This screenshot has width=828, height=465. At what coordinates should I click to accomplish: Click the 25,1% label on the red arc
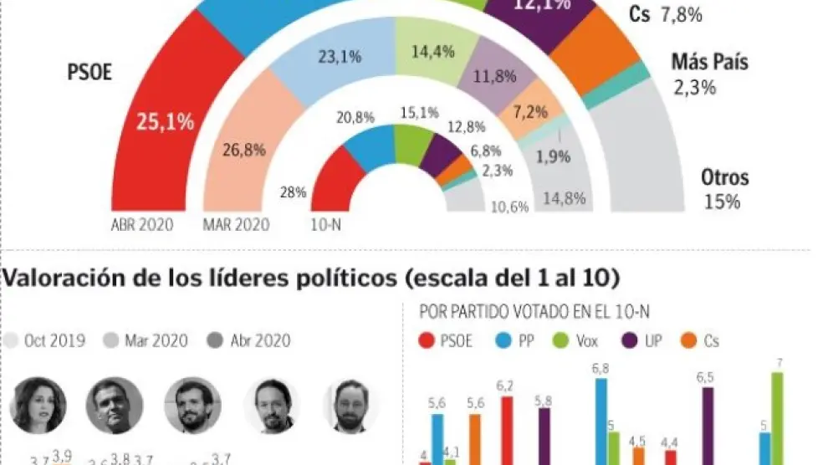coord(166,122)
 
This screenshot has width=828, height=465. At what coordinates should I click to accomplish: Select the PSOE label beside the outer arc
coord(89,73)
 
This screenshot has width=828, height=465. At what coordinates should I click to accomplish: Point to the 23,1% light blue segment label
coord(340,57)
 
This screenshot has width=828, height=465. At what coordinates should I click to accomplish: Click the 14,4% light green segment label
coord(433,52)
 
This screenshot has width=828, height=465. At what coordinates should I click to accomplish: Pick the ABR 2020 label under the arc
coord(142,224)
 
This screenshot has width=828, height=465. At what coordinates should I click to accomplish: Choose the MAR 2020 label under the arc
coord(236,224)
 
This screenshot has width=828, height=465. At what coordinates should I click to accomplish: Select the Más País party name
coord(709,62)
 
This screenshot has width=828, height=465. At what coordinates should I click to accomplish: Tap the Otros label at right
coord(724,177)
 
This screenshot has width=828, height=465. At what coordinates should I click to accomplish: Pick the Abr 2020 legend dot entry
coord(250,340)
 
